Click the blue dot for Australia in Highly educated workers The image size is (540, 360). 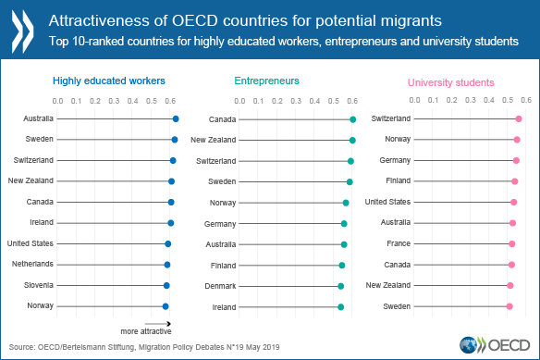click(176, 118)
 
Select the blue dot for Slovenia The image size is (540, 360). click(166, 285)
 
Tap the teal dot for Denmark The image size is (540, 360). click(340, 286)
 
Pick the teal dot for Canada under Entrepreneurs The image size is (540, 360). click(353, 119)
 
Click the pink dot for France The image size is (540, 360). click(511, 243)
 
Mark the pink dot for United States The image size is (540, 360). click(514, 202)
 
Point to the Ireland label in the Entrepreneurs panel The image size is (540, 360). click(223, 306)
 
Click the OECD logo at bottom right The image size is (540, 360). click(505, 344)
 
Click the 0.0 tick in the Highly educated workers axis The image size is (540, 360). click(57, 100)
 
